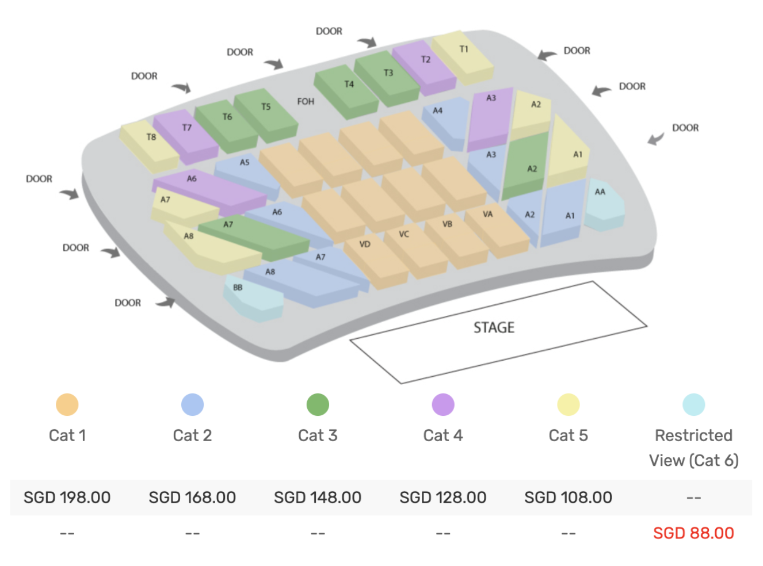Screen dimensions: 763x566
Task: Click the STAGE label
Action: tap(494, 327)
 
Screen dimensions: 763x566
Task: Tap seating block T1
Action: tap(463, 57)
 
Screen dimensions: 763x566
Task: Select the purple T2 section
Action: tap(425, 67)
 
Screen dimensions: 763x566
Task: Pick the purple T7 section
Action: tap(186, 136)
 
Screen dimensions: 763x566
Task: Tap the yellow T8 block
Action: tap(150, 146)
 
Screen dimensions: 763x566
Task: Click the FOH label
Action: tap(306, 101)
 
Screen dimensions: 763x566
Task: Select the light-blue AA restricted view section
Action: tap(604, 205)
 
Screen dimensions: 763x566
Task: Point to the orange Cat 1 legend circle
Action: tap(67, 404)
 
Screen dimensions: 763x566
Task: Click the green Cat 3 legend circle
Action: tap(318, 404)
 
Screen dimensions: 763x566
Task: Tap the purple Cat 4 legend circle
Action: tap(443, 404)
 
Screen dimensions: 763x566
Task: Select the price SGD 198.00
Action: tap(67, 497)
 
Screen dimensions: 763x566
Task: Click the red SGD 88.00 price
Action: tap(693, 533)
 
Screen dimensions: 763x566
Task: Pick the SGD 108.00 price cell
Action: tap(569, 497)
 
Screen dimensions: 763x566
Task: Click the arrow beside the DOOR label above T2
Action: tap(367, 43)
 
